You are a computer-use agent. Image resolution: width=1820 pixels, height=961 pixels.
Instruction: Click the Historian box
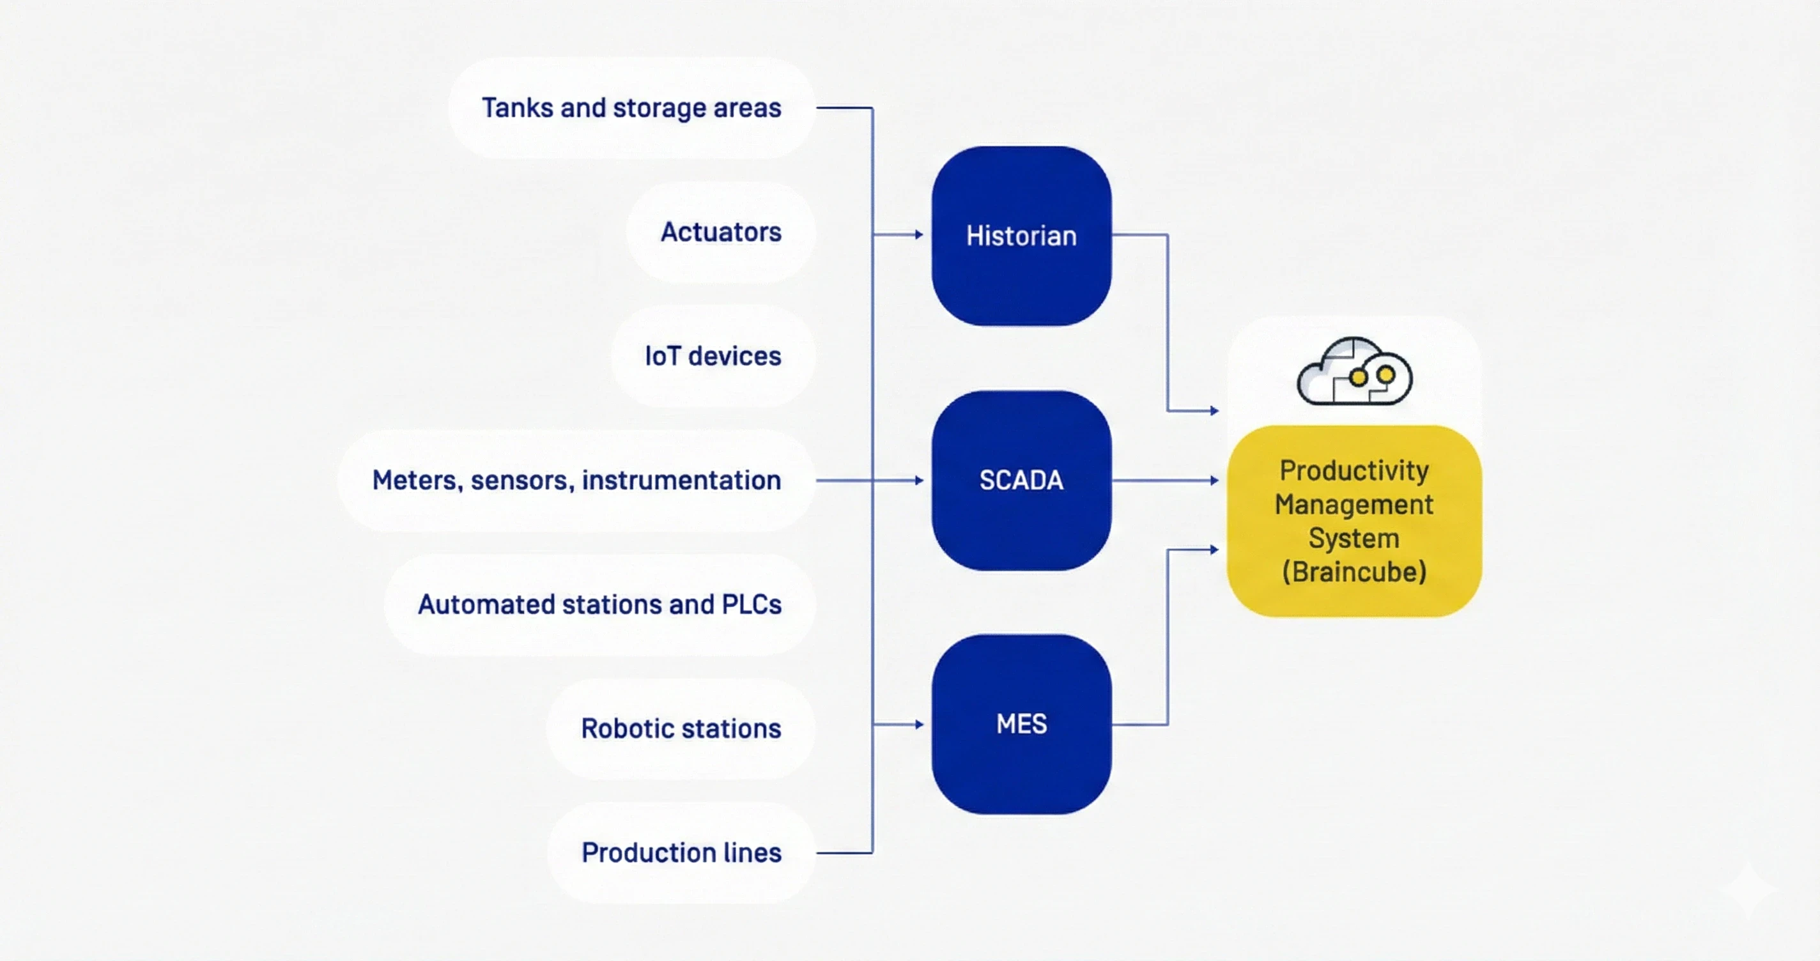tap(1021, 236)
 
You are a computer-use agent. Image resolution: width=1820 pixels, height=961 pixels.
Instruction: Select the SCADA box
tap(1021, 480)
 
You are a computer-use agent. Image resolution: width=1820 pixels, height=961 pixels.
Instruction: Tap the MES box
tap(1021, 725)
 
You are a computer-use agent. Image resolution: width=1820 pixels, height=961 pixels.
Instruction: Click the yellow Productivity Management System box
tap(1353, 521)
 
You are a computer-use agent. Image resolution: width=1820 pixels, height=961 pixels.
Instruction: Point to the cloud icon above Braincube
tap(1353, 372)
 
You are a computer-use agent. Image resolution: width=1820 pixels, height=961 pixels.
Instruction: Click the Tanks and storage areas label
tap(631, 108)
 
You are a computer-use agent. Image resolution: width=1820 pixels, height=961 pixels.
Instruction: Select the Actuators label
tap(721, 233)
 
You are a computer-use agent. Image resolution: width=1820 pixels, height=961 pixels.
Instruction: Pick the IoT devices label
tap(713, 356)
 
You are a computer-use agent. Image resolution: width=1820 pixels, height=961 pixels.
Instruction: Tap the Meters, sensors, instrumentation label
tap(576, 480)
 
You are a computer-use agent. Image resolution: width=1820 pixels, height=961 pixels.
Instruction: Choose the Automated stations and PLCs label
tap(599, 605)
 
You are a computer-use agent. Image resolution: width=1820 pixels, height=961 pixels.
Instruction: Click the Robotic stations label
tap(681, 728)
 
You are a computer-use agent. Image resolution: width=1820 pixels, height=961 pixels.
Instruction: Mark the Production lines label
tap(681, 853)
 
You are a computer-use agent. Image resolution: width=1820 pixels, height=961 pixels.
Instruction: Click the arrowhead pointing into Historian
tap(918, 234)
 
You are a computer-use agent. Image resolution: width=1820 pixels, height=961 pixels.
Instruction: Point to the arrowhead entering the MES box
tap(918, 725)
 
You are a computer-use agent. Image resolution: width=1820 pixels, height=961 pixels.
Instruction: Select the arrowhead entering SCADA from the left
tap(918, 480)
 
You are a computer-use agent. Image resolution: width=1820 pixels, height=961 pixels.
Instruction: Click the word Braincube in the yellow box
tap(1354, 573)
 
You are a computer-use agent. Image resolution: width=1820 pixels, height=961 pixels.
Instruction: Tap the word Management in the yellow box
tap(1353, 505)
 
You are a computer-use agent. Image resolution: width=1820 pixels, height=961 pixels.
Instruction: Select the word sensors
tap(522, 480)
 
